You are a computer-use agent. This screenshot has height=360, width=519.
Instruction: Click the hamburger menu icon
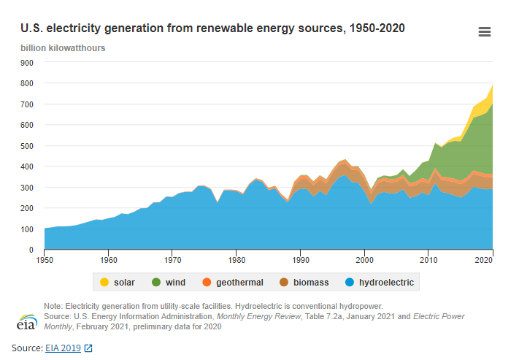tap(484, 31)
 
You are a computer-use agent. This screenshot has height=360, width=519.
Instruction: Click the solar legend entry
tap(118, 282)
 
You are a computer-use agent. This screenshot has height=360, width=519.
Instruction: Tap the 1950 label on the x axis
tap(45, 259)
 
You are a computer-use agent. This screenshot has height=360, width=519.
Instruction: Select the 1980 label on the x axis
tap(236, 259)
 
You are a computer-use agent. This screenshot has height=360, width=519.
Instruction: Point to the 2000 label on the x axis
tap(364, 259)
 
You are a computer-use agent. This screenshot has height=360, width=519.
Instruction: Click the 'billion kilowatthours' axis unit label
tap(63, 48)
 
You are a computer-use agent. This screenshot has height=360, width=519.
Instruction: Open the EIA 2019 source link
tap(63, 348)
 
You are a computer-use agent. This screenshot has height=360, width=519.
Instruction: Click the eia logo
tap(27, 321)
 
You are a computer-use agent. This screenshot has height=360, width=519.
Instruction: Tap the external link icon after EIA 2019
tap(88, 348)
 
